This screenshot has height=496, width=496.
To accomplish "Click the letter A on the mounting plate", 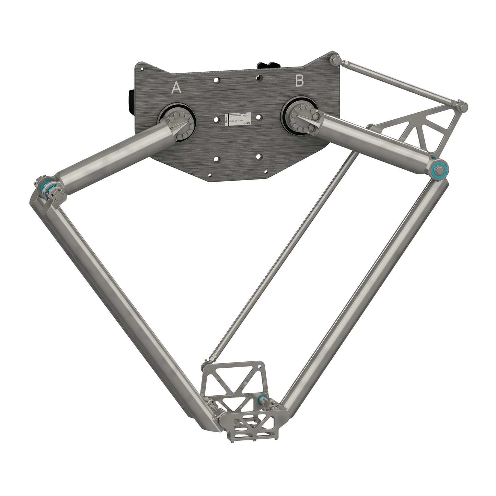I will pos(176,88).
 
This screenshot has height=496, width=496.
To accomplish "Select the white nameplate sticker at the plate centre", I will pos(239,119).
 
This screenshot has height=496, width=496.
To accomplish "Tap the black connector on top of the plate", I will pos(268,65).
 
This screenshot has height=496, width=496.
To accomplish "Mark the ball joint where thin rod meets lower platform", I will pos(208,360).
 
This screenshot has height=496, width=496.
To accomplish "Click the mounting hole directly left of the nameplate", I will pos(216,120).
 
